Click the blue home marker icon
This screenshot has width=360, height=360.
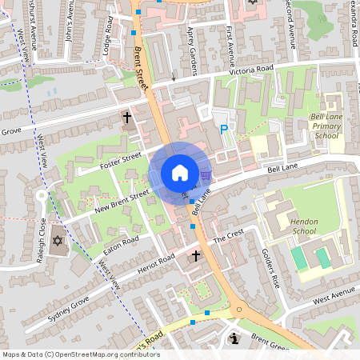(179, 173)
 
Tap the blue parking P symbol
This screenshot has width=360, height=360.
(223, 128)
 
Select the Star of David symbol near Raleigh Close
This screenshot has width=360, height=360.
(57, 240)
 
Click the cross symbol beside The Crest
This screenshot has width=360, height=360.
(196, 257)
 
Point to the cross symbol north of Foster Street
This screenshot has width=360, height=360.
(126, 118)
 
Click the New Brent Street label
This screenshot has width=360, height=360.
(122, 201)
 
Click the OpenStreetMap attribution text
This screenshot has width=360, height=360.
(80, 354)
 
